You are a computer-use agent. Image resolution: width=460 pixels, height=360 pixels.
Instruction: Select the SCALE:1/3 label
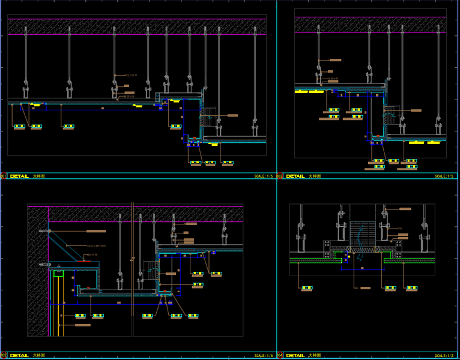point(445,356)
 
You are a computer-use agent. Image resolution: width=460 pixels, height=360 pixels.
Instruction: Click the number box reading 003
point(3,356)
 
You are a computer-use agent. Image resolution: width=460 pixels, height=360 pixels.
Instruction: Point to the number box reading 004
point(280,356)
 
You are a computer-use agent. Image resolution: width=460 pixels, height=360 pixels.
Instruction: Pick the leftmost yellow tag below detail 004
point(307,289)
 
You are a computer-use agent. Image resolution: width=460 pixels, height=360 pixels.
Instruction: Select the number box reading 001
point(3,176)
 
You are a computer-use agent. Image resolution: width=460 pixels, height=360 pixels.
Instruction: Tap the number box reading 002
point(280,176)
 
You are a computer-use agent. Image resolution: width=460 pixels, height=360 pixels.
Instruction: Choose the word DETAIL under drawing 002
point(295,176)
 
